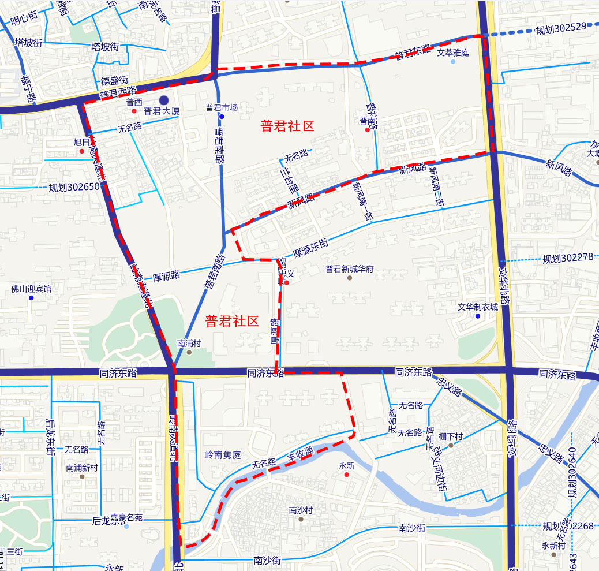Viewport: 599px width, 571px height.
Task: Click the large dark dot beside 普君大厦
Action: click(x=164, y=100)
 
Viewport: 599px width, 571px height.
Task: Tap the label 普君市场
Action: click(x=222, y=107)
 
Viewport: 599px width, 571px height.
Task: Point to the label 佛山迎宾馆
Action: click(x=31, y=289)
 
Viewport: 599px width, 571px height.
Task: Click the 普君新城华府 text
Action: click(x=350, y=268)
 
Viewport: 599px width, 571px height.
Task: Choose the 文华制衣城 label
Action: click(x=478, y=307)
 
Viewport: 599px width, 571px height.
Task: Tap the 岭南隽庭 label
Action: click(x=223, y=454)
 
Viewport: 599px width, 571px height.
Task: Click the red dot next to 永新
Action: click(x=346, y=475)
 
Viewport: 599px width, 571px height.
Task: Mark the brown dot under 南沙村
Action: click(x=301, y=519)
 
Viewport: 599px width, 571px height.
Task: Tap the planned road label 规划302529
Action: click(x=561, y=28)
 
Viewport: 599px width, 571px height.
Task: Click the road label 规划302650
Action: click(x=74, y=187)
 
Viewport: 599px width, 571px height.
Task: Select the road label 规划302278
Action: click(x=568, y=258)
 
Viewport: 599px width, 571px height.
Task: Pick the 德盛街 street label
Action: click(x=114, y=81)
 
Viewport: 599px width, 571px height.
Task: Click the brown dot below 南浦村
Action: click(x=189, y=352)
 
